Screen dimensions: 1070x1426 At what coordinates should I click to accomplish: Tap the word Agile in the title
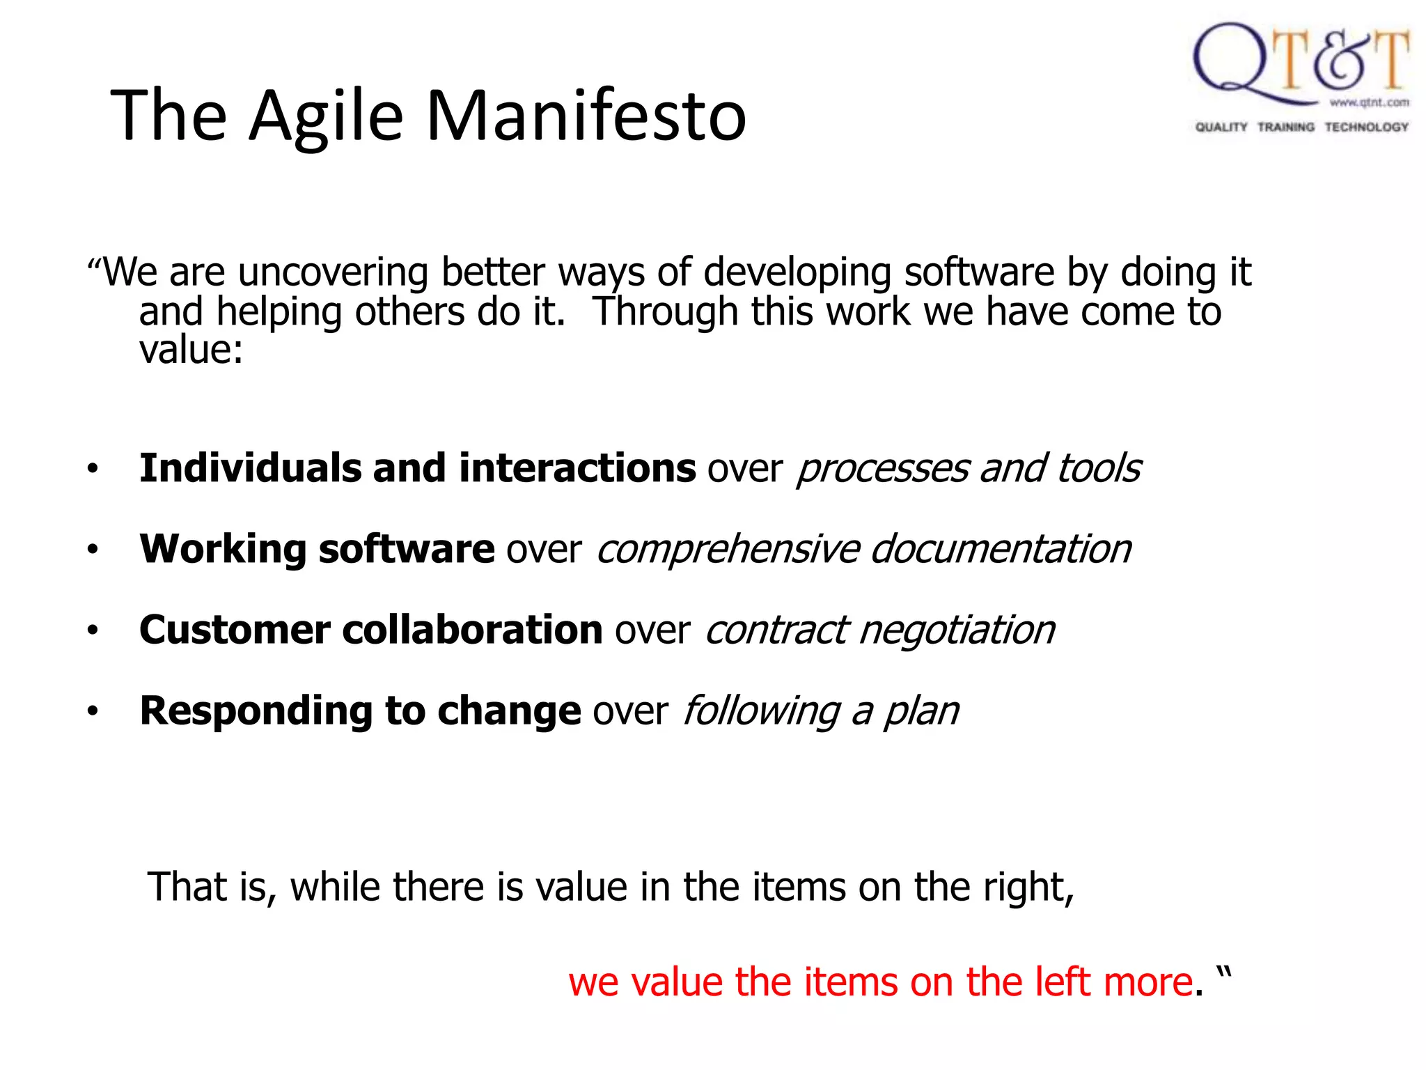click(x=326, y=116)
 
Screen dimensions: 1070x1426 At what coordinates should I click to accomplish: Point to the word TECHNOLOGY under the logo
click(x=1366, y=127)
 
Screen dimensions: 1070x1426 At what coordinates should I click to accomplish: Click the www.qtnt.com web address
click(x=1369, y=102)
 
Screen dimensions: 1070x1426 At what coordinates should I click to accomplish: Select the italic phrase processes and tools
click(x=968, y=468)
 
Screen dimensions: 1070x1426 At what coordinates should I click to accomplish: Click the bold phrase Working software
click(x=317, y=548)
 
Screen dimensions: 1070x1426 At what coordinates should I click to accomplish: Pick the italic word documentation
click(x=1001, y=548)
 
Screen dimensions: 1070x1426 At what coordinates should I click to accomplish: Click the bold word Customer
click(x=235, y=630)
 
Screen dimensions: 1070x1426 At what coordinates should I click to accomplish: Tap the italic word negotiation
click(x=957, y=630)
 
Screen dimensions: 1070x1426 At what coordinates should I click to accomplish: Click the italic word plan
click(x=920, y=712)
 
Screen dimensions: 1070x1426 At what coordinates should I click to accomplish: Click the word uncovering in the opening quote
click(x=332, y=272)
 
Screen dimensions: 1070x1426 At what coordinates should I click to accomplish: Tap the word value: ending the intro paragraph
click(x=191, y=350)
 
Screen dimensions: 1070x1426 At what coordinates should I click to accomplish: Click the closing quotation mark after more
click(x=1224, y=972)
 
